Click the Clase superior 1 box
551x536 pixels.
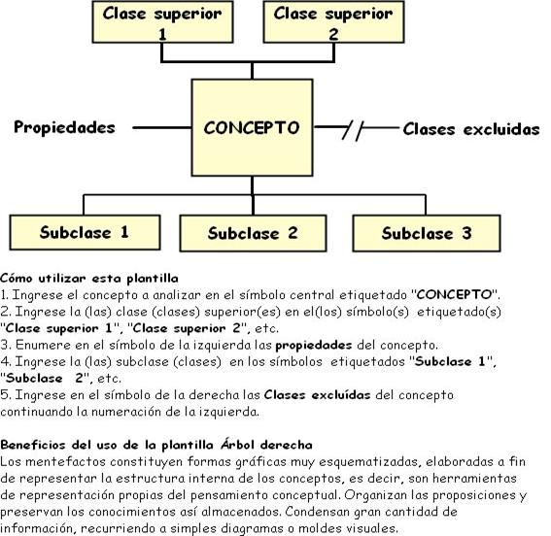coord(162,22)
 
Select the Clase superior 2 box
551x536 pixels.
coord(334,22)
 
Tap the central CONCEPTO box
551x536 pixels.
coord(252,127)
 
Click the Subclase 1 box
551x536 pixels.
coord(86,232)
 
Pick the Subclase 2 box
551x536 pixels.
coord(253,233)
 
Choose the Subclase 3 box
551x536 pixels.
coord(427,233)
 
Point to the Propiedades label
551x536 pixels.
coord(64,127)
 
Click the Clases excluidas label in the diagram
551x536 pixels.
coord(471,129)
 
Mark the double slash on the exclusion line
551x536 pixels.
coord(353,130)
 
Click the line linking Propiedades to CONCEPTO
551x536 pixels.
coord(162,128)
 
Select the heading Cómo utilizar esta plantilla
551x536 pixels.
coord(89,279)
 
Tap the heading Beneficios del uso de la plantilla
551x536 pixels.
coord(107,445)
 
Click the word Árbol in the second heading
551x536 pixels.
coord(237,445)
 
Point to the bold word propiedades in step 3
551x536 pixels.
coord(314,346)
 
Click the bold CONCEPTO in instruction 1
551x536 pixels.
coord(454,294)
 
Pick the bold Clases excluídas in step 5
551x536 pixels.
coord(318,395)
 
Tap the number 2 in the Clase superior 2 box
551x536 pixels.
coord(333,34)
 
